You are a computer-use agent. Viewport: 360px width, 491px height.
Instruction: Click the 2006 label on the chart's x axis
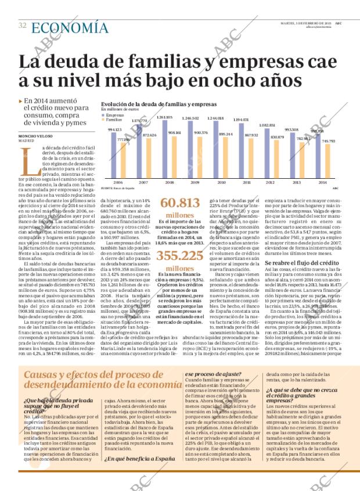[118, 182]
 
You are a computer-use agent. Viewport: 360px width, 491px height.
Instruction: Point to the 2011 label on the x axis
[247, 182]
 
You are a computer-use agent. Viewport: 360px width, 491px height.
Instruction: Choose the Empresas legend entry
[113, 114]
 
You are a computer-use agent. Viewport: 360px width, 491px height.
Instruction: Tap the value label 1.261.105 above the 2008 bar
[165, 117]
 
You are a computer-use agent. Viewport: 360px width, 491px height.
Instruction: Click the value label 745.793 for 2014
[328, 141]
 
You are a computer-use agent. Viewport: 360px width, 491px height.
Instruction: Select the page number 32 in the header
[23, 26]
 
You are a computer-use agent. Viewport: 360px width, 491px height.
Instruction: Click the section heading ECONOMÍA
[70, 27]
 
